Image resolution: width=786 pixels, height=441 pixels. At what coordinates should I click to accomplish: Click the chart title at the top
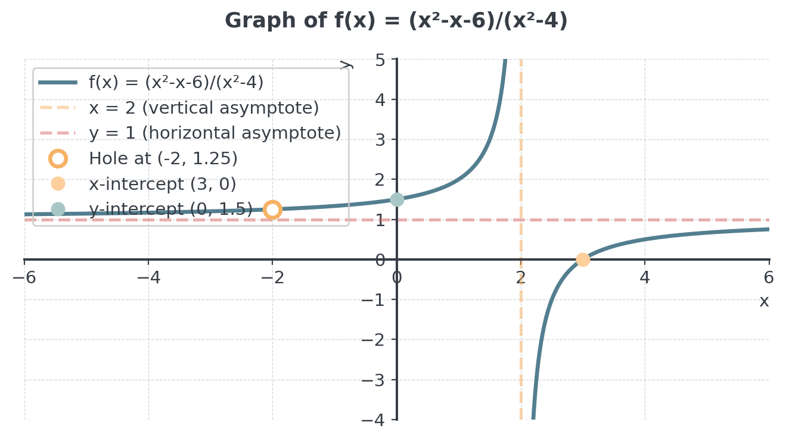(x=396, y=20)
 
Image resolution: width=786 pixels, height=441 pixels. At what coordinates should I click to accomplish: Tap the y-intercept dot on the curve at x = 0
(x=397, y=199)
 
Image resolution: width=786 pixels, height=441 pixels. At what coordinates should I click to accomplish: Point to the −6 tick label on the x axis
(x=24, y=278)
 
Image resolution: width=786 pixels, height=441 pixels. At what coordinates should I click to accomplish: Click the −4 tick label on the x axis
(x=148, y=278)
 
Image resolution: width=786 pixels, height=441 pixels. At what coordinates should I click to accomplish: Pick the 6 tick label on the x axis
(x=769, y=278)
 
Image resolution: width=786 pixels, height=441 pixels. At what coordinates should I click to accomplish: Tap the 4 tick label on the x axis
(x=645, y=278)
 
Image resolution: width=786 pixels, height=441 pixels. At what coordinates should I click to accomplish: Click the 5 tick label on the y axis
(x=380, y=60)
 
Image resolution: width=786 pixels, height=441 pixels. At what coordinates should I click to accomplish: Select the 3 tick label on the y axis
(x=380, y=140)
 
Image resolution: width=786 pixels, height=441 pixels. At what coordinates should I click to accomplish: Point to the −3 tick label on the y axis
(x=373, y=380)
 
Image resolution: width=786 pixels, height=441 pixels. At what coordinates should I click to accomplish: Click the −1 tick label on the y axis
(x=373, y=301)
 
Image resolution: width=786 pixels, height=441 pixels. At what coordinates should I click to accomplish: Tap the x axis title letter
(x=764, y=302)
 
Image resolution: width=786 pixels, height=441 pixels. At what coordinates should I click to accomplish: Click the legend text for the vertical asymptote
(x=204, y=108)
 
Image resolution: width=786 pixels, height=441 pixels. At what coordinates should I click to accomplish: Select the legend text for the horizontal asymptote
(x=215, y=133)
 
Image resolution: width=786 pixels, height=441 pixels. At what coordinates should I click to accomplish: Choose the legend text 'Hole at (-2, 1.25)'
(x=163, y=158)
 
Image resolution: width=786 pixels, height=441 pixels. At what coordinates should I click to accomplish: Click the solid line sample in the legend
(x=58, y=82)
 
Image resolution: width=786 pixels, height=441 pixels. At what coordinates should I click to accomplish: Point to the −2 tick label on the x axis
(x=272, y=278)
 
